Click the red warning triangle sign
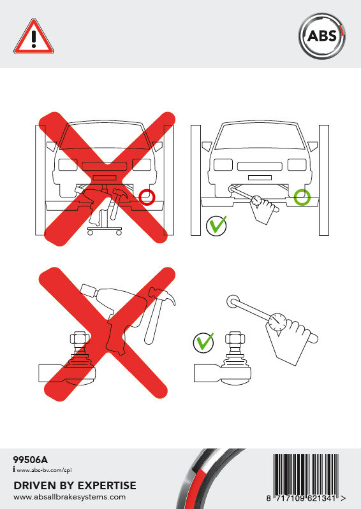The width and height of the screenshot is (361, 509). point(34,37)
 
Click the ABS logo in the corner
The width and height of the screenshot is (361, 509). point(321,36)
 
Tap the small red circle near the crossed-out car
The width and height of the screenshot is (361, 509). point(147,197)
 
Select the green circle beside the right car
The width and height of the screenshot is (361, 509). point(302,197)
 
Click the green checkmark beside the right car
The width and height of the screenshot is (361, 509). point(217,225)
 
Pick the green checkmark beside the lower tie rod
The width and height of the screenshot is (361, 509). point(203,342)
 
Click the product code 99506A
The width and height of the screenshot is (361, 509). point(30,460)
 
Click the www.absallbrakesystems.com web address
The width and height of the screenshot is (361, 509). point(70,497)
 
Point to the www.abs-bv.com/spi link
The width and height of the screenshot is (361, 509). point(44,470)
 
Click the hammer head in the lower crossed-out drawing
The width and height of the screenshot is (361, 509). point(162,296)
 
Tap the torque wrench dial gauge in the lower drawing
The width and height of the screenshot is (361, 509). point(278,322)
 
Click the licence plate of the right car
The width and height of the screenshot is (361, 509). point(260,178)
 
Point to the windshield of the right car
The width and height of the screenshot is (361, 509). point(260,136)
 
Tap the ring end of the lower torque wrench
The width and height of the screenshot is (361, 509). point(233,302)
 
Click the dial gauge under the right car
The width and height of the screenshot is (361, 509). point(257,200)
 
